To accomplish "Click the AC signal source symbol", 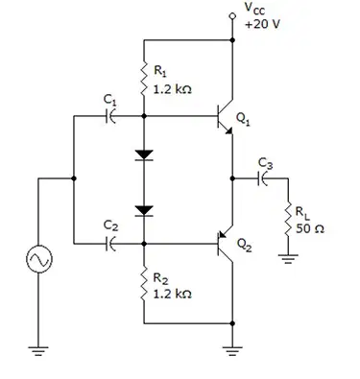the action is tap(39, 259).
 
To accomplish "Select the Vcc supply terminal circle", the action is tap(232, 16).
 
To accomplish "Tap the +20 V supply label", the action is tap(262, 24).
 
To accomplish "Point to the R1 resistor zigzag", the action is tap(144, 79).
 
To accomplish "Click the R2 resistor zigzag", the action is tap(144, 283).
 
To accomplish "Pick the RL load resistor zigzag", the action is tap(288, 219).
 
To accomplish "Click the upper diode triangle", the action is tap(144, 155).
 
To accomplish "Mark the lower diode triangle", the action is tap(144, 211).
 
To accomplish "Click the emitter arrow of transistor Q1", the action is tap(228, 130).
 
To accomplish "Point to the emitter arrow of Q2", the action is tap(223, 234).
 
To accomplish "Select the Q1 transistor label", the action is tap(244, 119).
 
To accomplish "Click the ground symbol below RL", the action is tap(288, 258).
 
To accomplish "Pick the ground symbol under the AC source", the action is tap(38, 351).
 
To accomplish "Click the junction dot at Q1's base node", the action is tap(144, 116).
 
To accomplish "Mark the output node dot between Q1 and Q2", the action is tap(232, 178).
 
